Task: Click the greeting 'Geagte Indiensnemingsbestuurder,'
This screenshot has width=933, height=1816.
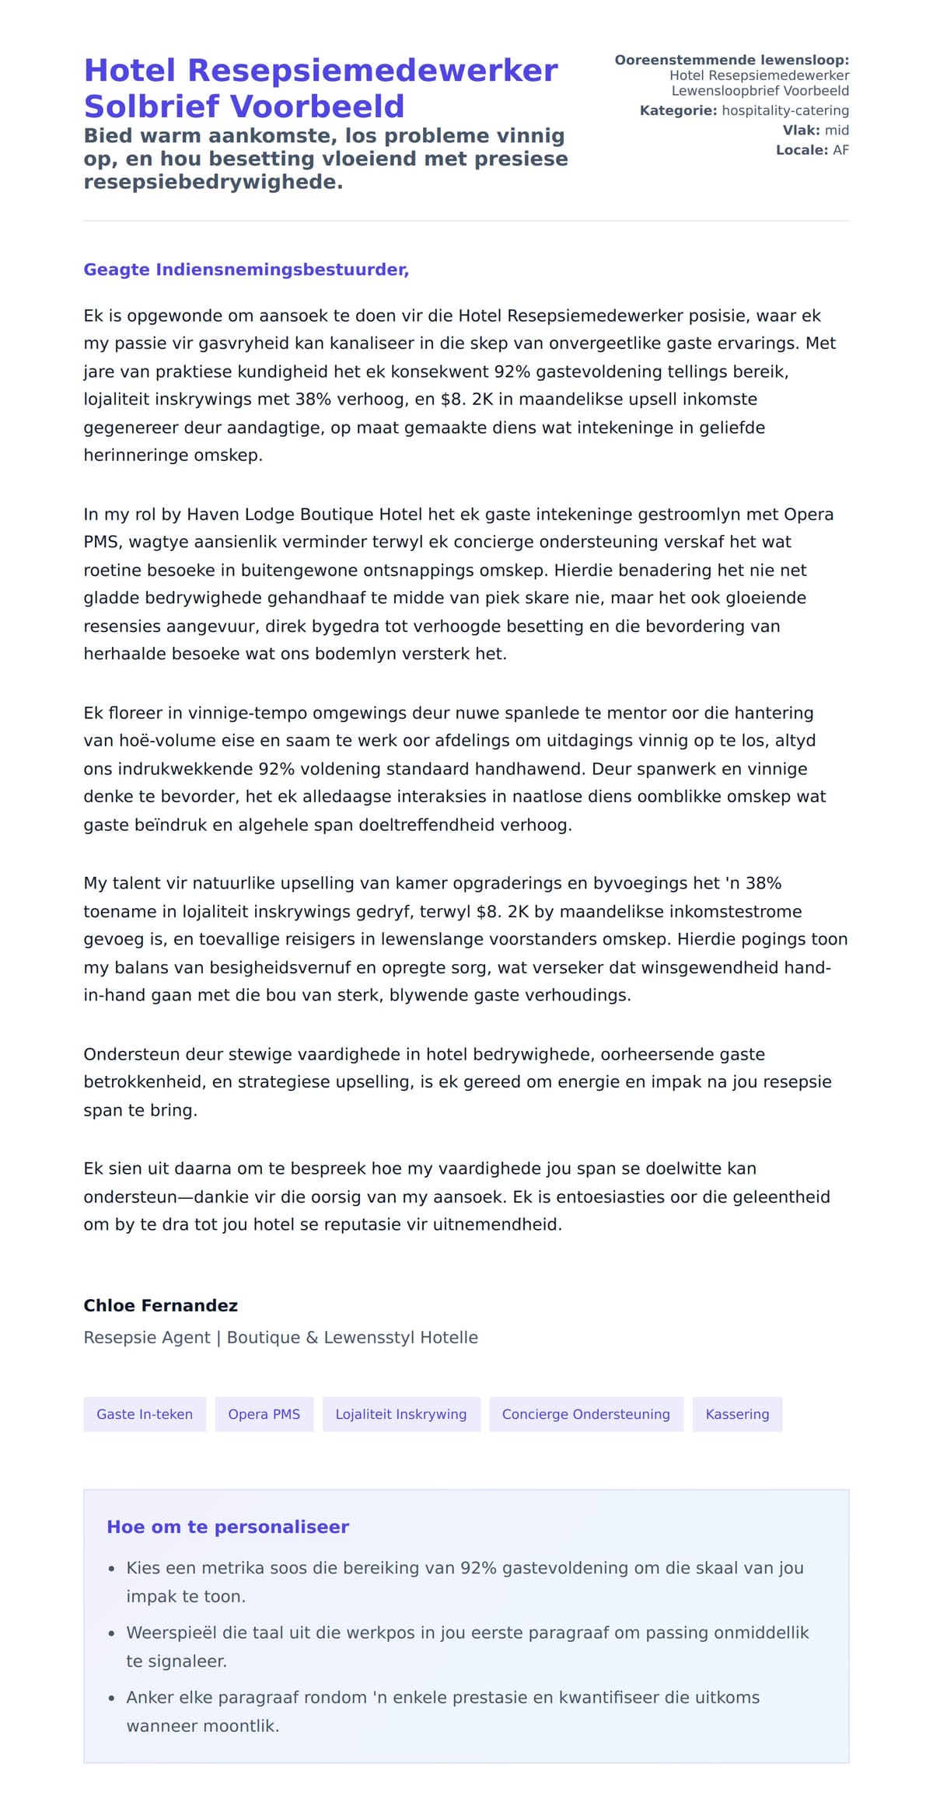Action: [246, 270]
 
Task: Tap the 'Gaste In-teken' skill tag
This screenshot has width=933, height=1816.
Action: [145, 1414]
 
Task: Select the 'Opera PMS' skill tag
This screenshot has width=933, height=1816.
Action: [264, 1414]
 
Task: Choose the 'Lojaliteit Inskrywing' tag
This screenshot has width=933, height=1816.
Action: [400, 1414]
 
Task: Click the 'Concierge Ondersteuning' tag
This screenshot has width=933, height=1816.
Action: [585, 1414]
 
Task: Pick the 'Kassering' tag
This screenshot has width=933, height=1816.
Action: [736, 1414]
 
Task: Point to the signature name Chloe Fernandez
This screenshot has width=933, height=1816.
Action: [160, 1305]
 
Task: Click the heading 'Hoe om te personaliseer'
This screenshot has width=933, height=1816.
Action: [228, 1527]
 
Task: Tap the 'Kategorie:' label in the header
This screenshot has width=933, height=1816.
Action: [678, 110]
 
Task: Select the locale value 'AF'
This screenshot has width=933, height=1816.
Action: [840, 150]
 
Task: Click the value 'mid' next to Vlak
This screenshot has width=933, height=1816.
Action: [837, 131]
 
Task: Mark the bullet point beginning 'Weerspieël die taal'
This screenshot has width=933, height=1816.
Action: [467, 1633]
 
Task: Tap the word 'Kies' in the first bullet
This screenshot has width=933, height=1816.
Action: [143, 1568]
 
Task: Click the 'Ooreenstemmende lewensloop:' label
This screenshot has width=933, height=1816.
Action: [731, 60]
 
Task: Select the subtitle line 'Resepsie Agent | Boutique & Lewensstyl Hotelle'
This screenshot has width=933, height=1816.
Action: [281, 1337]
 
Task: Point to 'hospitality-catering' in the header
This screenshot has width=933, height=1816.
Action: [784, 110]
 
